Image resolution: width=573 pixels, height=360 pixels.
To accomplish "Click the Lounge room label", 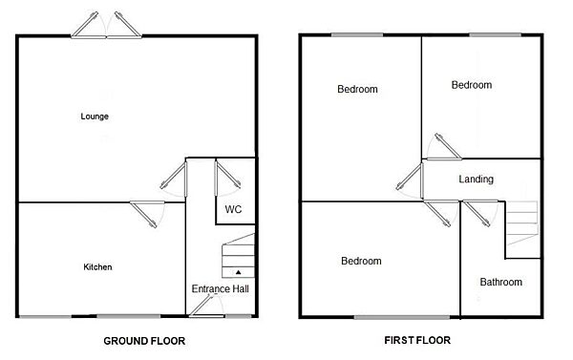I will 95,116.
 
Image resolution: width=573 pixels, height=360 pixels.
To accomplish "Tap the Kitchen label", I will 97,267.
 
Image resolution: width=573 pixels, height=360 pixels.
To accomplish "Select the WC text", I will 232,209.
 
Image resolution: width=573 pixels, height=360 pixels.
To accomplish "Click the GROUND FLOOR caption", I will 143,340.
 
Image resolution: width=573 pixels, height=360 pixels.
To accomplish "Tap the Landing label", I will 476,180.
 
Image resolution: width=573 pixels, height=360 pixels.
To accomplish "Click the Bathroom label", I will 500,283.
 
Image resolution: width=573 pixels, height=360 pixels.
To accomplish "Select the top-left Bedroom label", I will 357,90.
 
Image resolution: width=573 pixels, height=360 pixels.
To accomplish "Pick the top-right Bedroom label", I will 471,85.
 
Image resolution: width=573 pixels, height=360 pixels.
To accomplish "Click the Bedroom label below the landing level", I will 361,261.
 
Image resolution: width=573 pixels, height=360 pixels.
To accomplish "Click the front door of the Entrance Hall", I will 202,307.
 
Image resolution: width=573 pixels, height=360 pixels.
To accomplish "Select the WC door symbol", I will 227,178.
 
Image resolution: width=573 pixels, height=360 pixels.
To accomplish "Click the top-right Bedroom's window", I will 495,35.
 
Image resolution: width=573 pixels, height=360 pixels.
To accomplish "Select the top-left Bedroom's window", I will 357,35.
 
